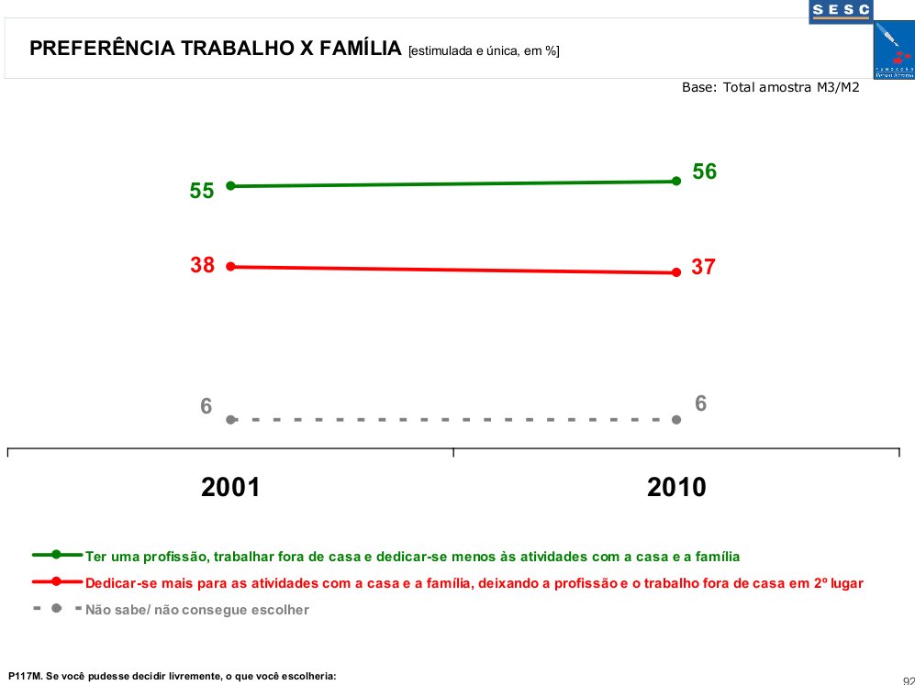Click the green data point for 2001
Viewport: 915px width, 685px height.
231,186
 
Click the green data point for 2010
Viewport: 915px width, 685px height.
676,182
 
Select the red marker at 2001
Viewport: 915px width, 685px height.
231,267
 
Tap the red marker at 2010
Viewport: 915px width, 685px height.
676,272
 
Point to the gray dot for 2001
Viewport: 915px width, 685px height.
231,419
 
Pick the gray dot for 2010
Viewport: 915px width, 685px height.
676,419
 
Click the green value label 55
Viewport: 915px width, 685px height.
202,191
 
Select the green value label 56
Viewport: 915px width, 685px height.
704,171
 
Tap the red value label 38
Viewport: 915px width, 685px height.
202,265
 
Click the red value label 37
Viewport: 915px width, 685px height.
704,268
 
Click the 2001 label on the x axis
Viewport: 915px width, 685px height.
230,487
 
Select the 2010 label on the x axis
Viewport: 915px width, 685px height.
676,487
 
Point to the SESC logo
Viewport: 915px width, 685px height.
841,11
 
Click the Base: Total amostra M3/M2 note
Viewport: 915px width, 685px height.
769,88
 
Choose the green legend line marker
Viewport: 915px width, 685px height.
56,555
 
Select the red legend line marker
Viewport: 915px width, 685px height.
56,581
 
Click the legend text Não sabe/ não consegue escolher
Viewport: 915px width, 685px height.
196,609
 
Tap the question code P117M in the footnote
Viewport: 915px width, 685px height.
25,676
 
